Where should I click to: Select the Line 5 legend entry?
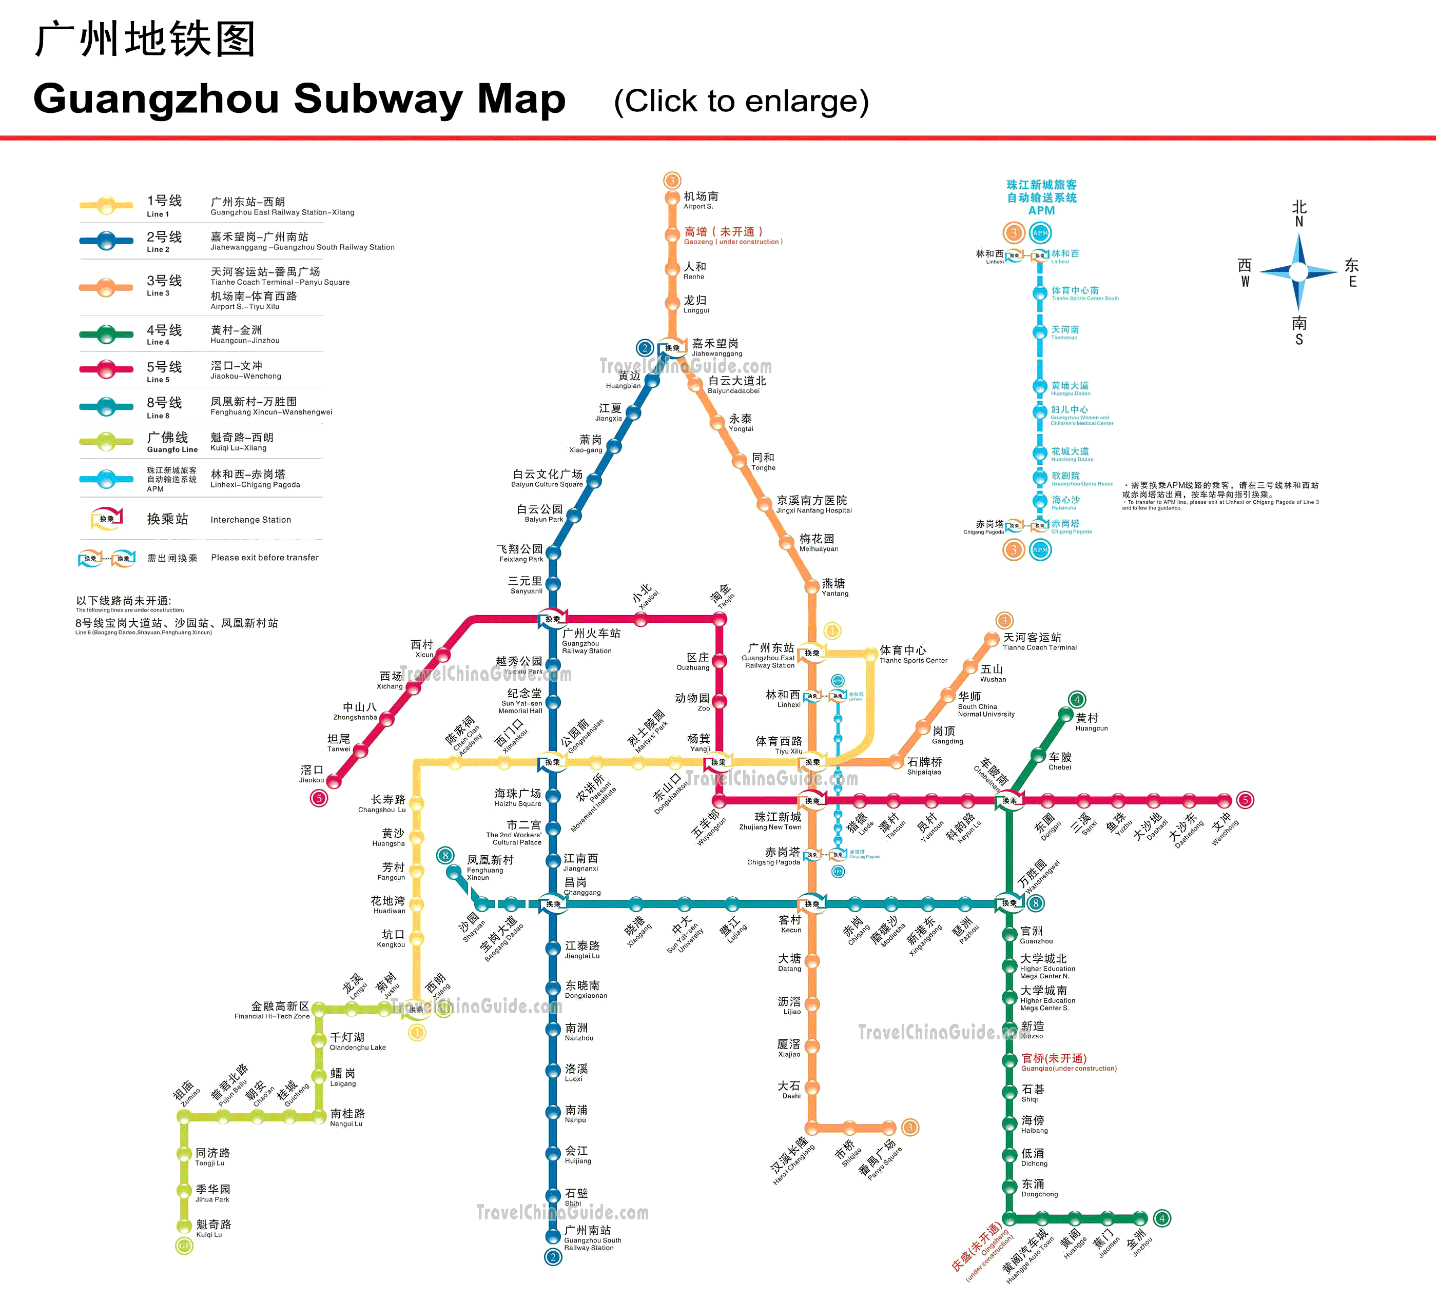(164, 370)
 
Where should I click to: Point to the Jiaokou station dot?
(334, 782)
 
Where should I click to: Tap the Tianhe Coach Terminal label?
(1039, 641)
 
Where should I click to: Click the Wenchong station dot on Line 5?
(1224, 800)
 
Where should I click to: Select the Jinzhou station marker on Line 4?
(1140, 1218)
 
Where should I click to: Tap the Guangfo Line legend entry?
(171, 441)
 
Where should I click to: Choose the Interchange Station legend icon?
(107, 519)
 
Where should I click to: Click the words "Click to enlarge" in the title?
(741, 101)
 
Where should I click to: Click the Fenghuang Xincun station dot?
(453, 872)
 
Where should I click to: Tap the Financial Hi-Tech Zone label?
(273, 1010)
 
